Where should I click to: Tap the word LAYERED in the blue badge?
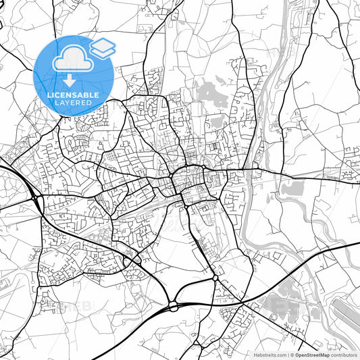coord(74,104)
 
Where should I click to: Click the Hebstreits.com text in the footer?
coord(268,355)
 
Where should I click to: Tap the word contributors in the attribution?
coord(344,355)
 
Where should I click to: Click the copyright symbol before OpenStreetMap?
coord(291,355)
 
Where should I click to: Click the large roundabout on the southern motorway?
coord(174,306)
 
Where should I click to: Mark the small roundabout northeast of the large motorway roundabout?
coord(215,277)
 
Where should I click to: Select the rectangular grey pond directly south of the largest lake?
coord(217,122)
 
